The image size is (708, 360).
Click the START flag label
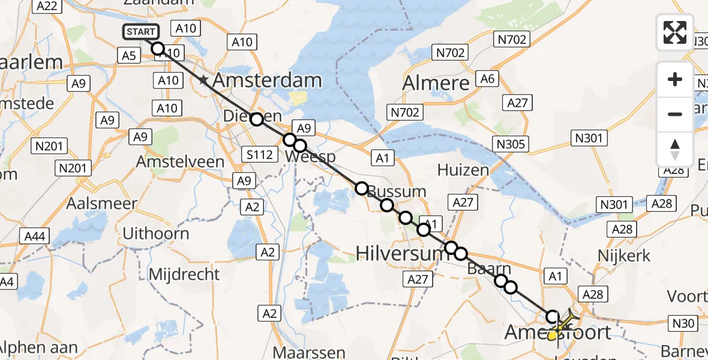tap(141, 32)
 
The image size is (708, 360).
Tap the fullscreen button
tap(675, 32)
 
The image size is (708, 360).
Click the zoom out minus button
tap(675, 114)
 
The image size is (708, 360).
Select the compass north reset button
tap(675, 149)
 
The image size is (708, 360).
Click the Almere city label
tap(437, 83)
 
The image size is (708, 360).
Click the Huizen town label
tap(463, 170)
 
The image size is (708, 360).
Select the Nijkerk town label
tap(624, 256)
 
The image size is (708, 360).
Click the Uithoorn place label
tap(155, 233)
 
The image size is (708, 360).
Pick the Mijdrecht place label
tap(184, 275)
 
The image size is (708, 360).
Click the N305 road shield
tap(511, 144)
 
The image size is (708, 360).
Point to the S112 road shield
tap(260, 155)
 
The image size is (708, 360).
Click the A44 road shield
tap(36, 237)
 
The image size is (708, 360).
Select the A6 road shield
tap(487, 79)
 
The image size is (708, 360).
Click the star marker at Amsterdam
tap(204, 80)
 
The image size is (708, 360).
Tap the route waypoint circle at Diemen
tap(256, 119)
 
